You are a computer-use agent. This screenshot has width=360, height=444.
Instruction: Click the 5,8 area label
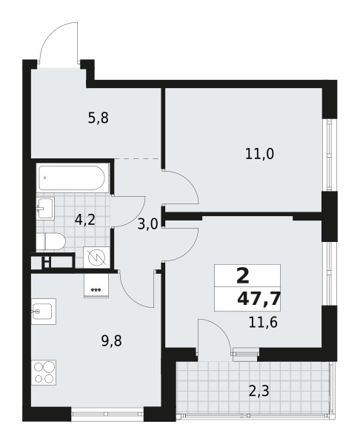(99, 118)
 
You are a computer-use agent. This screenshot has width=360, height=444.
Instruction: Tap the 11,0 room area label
(260, 155)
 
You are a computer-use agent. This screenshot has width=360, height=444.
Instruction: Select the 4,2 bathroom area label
(84, 220)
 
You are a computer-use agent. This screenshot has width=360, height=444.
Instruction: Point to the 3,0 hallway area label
(147, 225)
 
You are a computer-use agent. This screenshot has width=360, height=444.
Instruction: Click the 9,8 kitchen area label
(111, 341)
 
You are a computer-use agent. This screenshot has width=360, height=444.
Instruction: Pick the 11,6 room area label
(263, 322)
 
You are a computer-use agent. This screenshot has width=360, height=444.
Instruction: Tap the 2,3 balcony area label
(259, 391)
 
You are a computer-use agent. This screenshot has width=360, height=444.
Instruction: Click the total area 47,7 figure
(259, 299)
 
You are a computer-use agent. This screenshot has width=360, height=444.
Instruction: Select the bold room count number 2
(243, 276)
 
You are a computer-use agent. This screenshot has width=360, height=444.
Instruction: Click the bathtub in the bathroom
(72, 178)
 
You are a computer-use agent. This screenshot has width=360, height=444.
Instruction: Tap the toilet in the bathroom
(51, 241)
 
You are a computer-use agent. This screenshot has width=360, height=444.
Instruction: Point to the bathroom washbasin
(45, 208)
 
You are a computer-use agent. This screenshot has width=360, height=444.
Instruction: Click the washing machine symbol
(96, 257)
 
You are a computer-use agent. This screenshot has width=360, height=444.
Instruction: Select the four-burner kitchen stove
(44, 372)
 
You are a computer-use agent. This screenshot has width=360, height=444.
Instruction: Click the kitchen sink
(44, 312)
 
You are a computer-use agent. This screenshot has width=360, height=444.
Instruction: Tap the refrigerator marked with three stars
(96, 286)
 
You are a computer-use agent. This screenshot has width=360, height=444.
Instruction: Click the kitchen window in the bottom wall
(107, 414)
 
